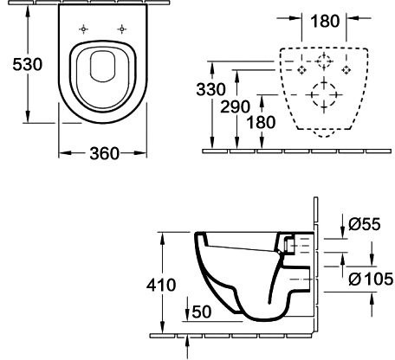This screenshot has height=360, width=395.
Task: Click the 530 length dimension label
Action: (x=28, y=64)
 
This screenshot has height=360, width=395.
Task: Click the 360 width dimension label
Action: (x=104, y=153)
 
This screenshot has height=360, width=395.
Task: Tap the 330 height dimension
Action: (x=210, y=89)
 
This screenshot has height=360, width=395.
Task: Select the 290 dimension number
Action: (x=235, y=106)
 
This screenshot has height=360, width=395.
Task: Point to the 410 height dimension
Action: (x=161, y=285)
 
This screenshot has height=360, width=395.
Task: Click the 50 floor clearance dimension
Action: (x=202, y=312)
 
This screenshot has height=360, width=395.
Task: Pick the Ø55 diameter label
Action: (x=365, y=224)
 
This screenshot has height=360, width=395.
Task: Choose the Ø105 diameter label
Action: (x=371, y=279)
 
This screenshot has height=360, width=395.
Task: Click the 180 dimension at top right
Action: (x=325, y=22)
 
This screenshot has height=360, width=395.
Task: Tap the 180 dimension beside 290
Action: (x=261, y=122)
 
